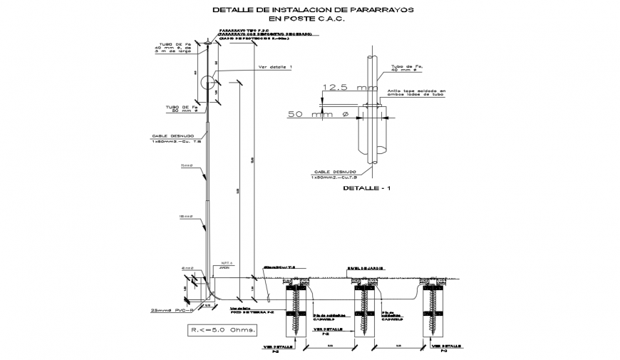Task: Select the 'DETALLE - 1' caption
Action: point(366,189)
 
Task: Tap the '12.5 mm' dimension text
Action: point(348,88)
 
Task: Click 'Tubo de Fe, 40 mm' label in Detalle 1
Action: point(406,68)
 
